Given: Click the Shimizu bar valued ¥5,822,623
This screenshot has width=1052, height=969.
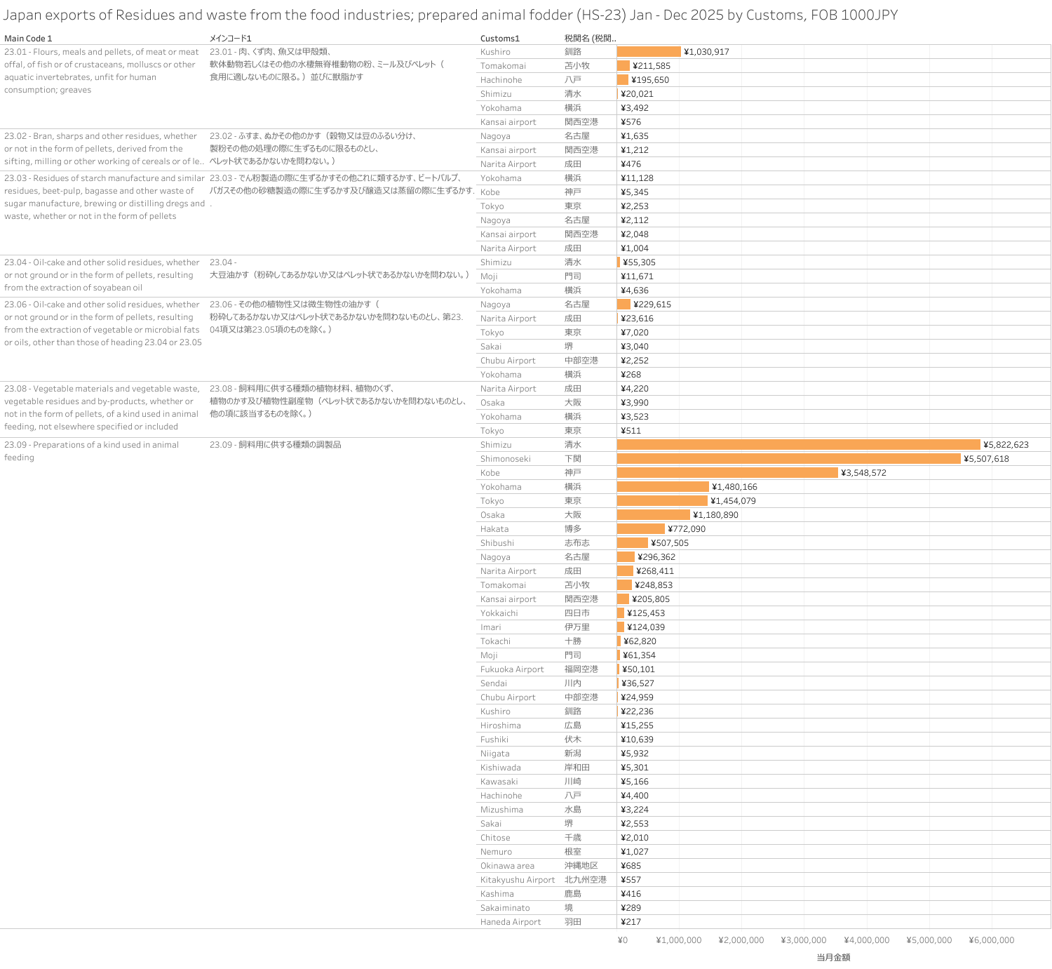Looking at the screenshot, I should [798, 445].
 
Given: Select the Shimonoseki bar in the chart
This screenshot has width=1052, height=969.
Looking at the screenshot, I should [788, 459].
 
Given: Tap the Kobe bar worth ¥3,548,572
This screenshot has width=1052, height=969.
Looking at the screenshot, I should [727, 473].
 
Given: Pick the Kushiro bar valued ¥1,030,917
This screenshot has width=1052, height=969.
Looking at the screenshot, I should [649, 52].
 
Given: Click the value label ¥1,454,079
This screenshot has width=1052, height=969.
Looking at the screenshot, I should [733, 501].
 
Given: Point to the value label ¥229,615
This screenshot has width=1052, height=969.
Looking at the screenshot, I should [652, 305].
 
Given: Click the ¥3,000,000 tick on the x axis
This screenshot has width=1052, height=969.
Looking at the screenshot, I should [804, 940].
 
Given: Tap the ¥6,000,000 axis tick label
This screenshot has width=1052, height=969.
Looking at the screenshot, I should [992, 940].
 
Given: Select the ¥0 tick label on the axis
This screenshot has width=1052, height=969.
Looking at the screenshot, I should [623, 940].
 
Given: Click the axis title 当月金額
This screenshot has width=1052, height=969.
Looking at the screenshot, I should [833, 957].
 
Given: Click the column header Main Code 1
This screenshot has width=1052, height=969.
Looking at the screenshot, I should [28, 39].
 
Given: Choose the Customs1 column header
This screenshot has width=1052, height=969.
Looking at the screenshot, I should [500, 39].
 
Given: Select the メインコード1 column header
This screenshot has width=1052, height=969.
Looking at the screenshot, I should [230, 39].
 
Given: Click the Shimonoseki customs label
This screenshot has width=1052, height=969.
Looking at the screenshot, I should [506, 459].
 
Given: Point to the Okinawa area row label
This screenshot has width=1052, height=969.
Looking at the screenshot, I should [507, 866].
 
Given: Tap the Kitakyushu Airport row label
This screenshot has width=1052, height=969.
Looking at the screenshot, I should [518, 880].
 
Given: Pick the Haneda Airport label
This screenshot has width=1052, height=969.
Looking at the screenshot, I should [511, 922].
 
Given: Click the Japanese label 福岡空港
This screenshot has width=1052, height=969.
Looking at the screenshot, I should [581, 669].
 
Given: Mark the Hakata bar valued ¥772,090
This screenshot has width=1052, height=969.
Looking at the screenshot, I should [640, 529].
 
